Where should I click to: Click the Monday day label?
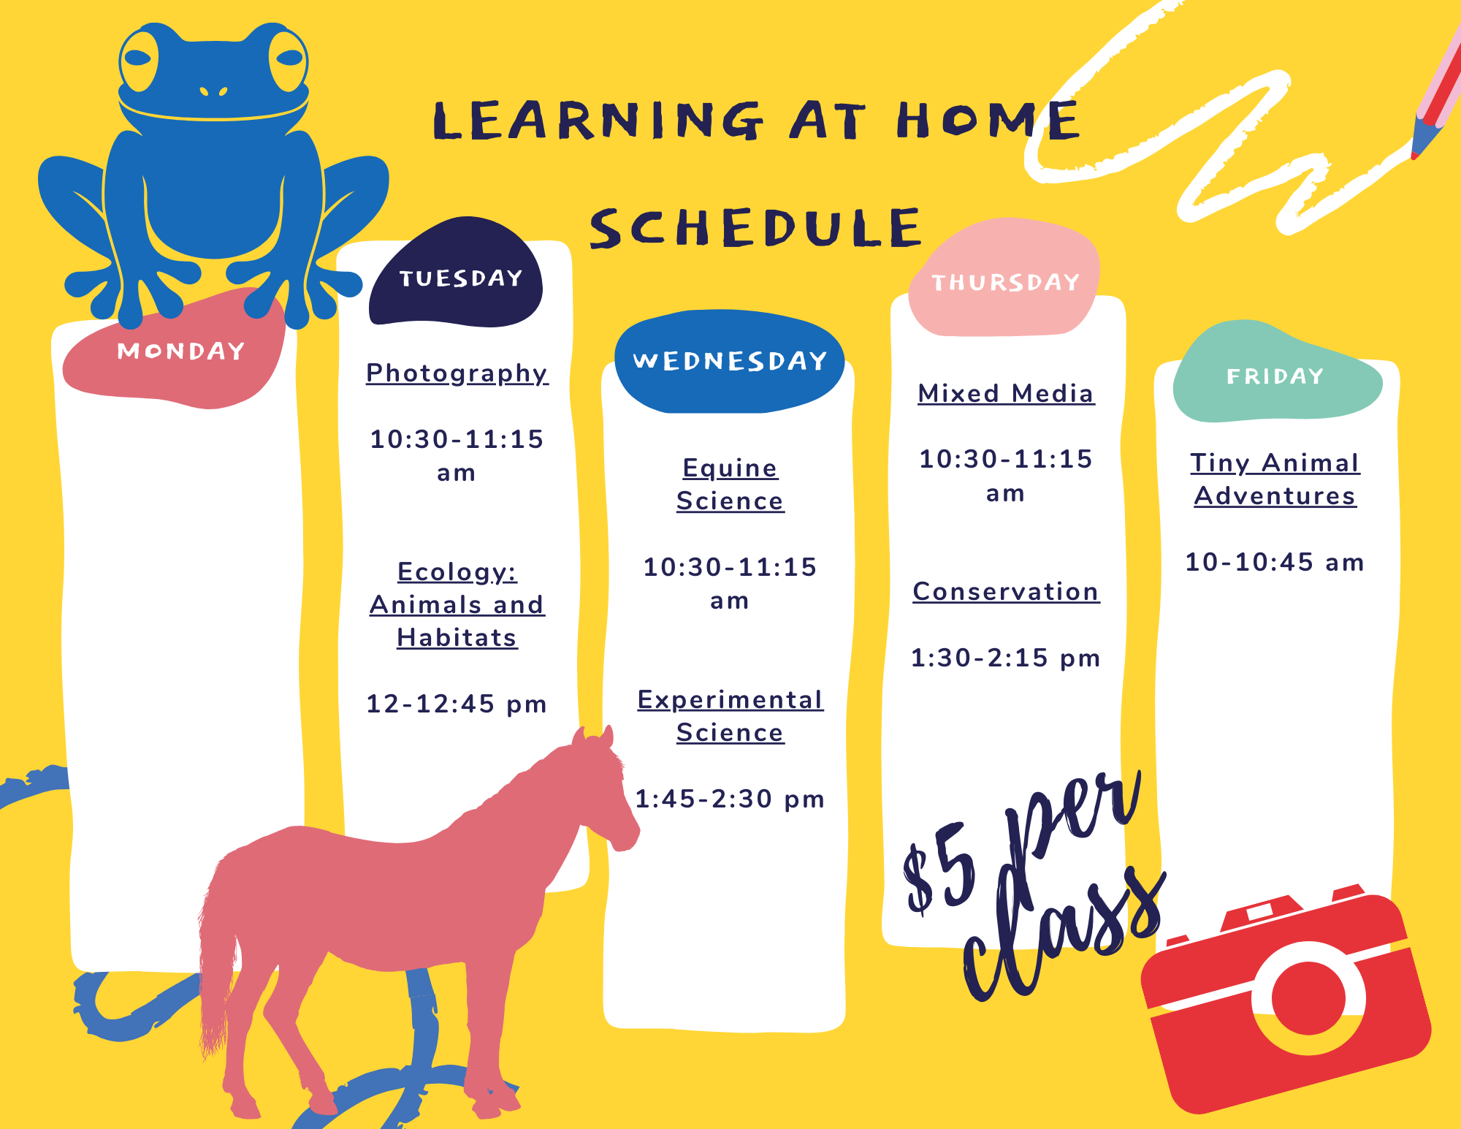tap(180, 351)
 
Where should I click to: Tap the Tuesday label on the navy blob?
tap(461, 278)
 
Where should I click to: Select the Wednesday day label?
tap(730, 360)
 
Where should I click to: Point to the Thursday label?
tap(1005, 282)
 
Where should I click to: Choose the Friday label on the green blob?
tap(1275, 376)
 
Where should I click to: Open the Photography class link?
tap(457, 373)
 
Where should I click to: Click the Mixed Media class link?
tap(1006, 393)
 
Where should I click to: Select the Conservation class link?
tap(1006, 591)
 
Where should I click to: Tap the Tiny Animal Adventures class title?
tap(1275, 479)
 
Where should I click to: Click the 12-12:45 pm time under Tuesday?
tap(457, 704)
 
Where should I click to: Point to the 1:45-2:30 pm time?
tap(730, 799)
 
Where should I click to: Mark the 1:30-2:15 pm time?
tap(1005, 658)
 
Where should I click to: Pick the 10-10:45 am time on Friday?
tap(1275, 562)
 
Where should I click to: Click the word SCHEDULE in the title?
tap(756, 227)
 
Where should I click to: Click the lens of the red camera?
tap(1308, 997)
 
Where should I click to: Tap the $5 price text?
tap(940, 867)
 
